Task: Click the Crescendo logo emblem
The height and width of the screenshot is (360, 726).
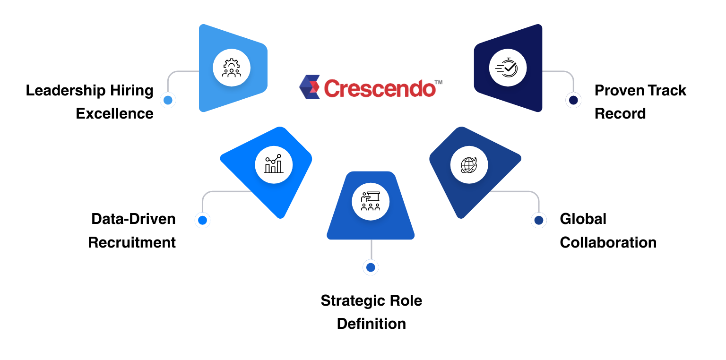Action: (x=310, y=87)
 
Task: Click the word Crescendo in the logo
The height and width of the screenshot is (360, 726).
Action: (x=380, y=88)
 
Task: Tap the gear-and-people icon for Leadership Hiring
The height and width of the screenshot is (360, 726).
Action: (x=232, y=68)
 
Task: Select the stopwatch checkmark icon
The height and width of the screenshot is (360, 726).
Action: (x=508, y=68)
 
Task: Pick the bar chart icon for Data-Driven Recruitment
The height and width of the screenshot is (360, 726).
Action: (x=274, y=164)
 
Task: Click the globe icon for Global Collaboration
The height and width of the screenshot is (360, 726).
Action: (x=469, y=164)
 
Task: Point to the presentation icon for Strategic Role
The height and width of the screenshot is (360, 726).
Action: (x=371, y=202)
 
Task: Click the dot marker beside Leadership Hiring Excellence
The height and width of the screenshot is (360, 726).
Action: (x=167, y=100)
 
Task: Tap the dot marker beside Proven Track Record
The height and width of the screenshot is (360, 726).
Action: (x=573, y=100)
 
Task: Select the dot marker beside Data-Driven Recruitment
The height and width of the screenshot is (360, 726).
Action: (x=203, y=220)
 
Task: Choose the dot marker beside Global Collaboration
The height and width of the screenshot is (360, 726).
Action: (x=538, y=220)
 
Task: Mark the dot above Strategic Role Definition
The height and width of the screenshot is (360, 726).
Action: (x=371, y=268)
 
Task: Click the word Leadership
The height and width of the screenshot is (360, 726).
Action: (x=64, y=90)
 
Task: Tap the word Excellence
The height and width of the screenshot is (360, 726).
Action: (x=114, y=114)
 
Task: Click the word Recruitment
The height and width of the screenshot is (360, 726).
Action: (x=132, y=242)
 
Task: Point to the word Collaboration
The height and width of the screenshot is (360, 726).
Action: (x=608, y=242)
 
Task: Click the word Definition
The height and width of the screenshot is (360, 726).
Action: (x=371, y=324)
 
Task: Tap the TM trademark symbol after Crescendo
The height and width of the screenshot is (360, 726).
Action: (x=438, y=82)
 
